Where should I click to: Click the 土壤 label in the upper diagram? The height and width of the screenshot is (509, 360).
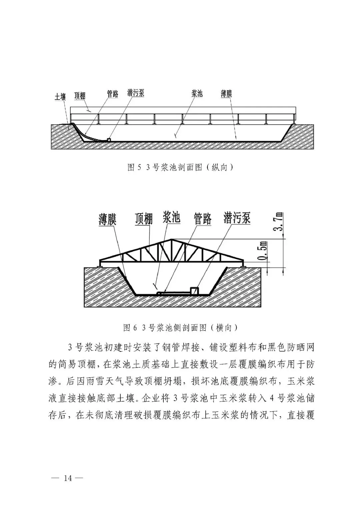[60, 97]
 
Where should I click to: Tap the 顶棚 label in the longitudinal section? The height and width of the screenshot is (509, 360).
[79, 96]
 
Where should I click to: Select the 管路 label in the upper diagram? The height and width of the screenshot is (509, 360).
[112, 94]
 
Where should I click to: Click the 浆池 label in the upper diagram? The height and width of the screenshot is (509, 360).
[197, 93]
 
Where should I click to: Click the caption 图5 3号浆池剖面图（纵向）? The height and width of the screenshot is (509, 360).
[180, 167]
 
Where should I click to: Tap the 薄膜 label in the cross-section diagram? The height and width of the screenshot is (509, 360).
[107, 220]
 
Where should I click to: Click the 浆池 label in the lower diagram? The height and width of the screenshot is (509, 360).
[171, 217]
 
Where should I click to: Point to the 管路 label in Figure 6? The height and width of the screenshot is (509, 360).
[203, 219]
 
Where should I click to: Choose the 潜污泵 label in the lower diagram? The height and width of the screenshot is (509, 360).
[237, 218]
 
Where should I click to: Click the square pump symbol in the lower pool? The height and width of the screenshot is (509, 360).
[194, 290]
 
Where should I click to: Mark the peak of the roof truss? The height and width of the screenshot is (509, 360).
[172, 239]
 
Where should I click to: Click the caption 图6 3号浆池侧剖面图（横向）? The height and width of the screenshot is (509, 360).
[180, 328]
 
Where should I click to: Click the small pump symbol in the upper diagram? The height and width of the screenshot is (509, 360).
[109, 139]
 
